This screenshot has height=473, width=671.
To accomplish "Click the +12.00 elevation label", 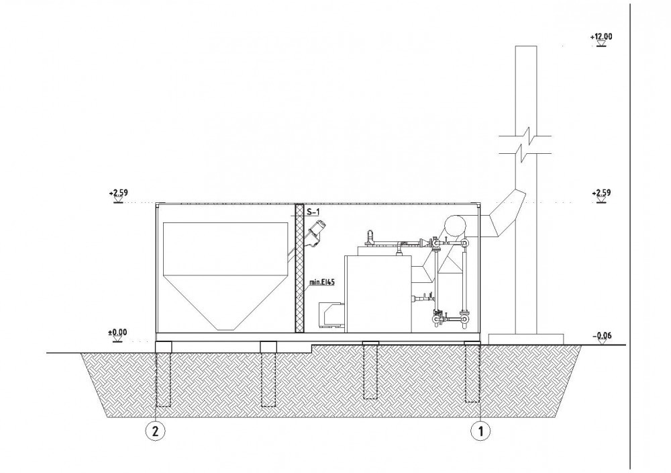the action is click(601, 36).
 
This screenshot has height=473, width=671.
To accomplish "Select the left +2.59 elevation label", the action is click(119, 192).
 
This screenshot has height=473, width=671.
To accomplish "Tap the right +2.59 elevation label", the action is click(601, 192).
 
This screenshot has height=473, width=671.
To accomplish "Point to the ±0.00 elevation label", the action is click(117, 332).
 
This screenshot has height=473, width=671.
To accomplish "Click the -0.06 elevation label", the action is click(602, 335).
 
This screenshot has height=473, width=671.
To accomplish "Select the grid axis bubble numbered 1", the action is click(480, 431).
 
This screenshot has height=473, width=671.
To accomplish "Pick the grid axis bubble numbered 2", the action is click(156, 431).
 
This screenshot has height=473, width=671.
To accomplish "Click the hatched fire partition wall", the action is click(299, 268).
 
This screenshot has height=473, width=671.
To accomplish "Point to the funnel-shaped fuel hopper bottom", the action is click(225, 302).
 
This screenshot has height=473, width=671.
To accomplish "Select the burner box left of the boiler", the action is click(332, 315).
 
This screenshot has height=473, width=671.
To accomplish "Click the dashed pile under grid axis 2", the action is click(163, 379).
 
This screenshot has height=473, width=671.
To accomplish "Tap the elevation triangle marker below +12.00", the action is click(601, 44).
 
